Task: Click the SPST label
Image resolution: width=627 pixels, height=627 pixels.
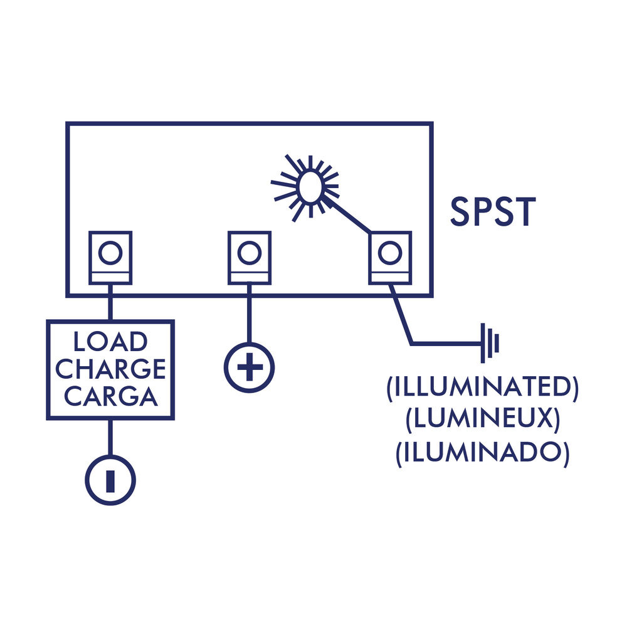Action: [x=493, y=212]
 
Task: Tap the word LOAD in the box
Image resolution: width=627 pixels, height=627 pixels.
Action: [x=110, y=342]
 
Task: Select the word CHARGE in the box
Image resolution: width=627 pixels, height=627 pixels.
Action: [x=110, y=369]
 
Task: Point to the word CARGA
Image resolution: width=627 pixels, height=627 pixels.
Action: [x=110, y=396]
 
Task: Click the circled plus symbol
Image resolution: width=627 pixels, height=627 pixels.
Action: [x=249, y=368]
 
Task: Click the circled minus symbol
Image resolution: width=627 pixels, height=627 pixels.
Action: [x=110, y=480]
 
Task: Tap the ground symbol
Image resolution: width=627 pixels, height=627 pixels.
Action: [x=490, y=343]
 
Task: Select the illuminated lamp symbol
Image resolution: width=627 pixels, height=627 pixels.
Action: [x=310, y=187]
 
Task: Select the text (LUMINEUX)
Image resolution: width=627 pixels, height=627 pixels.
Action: [x=482, y=421]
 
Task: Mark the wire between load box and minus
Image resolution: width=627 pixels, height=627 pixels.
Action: [x=110, y=437]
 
